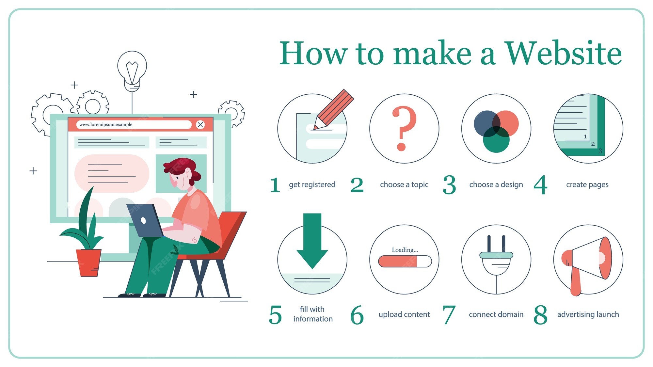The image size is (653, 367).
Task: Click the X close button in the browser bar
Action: click(x=200, y=124)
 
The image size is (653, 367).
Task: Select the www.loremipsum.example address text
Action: click(x=106, y=124)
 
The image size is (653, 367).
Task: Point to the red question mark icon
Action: click(x=404, y=127)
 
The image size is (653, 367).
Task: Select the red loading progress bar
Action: click(x=398, y=262)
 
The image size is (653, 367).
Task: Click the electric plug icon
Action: click(x=496, y=258)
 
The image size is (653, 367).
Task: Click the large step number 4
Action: click(x=540, y=185)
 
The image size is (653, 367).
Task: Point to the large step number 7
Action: click(x=449, y=315)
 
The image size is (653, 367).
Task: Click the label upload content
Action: click(x=404, y=314)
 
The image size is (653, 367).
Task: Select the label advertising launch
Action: click(x=588, y=314)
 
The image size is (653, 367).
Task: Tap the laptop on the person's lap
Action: click(x=144, y=221)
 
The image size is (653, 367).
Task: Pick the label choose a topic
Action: click(x=404, y=184)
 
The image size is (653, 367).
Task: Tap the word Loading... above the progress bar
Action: click(x=405, y=250)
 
